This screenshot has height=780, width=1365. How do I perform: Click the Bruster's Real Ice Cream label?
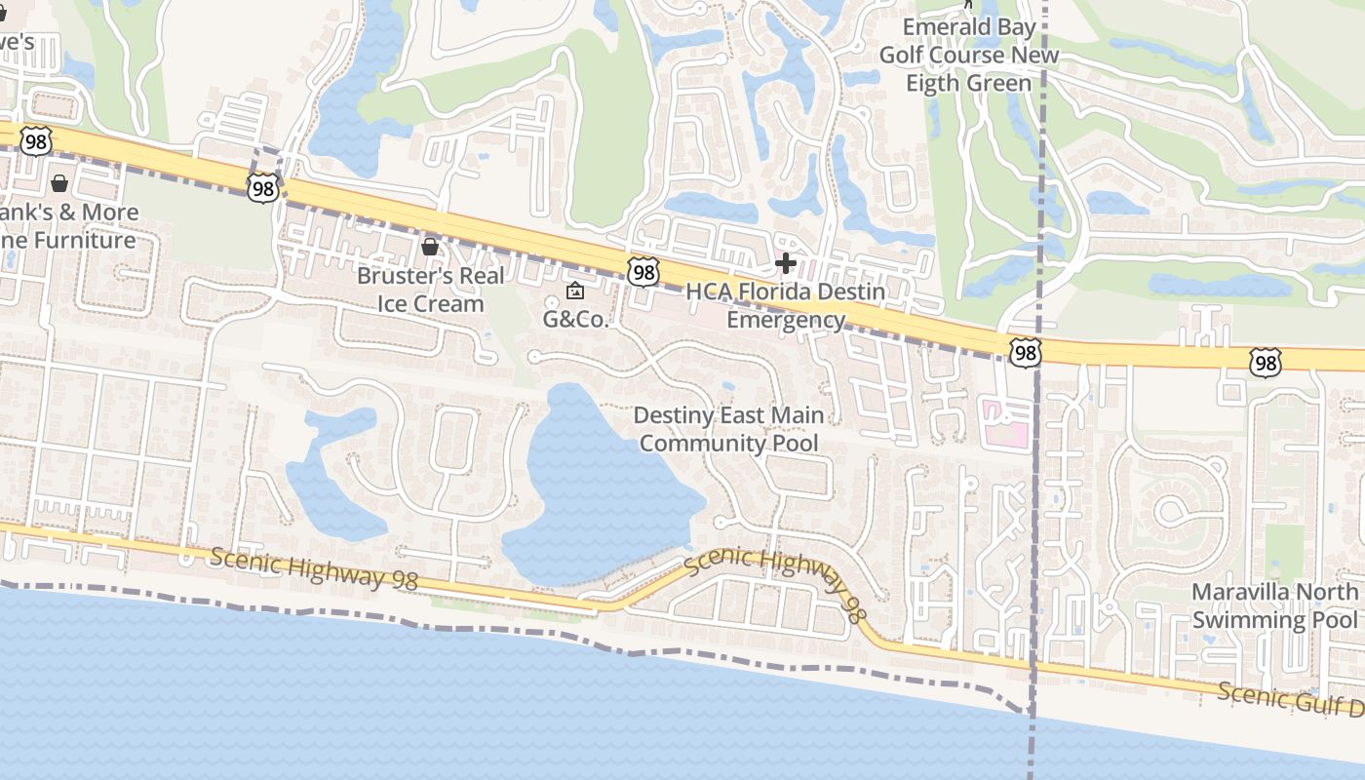(x=430, y=290)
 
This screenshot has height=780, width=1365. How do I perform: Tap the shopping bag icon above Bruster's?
(x=429, y=247)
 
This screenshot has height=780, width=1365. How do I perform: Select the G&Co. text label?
(x=575, y=319)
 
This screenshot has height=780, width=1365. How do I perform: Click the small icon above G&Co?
(x=575, y=291)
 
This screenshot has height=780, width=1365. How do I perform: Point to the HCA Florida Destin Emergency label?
(x=786, y=305)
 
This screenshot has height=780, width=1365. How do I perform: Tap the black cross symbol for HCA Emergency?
(x=786, y=262)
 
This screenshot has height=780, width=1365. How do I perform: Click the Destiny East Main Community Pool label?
(x=728, y=429)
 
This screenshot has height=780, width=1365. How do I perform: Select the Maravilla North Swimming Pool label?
(x=1274, y=605)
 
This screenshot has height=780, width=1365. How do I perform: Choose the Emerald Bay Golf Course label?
(x=968, y=55)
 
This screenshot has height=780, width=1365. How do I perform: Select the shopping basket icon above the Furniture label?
(x=59, y=183)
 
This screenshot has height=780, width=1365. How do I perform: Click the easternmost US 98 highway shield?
(x=1265, y=364)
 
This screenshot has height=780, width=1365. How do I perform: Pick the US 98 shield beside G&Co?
(x=643, y=272)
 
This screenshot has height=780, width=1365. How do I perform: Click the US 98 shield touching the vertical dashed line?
(x=1025, y=353)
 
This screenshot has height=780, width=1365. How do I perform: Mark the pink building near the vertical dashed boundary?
(x=1004, y=421)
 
